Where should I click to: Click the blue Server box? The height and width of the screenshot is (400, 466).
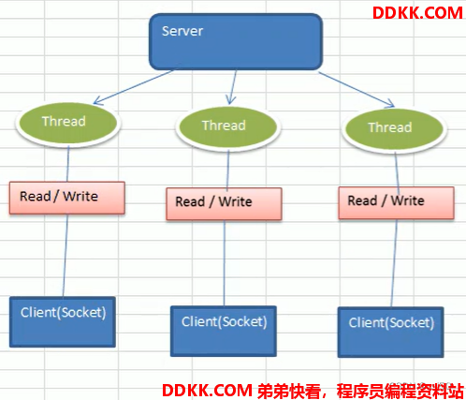[236, 41]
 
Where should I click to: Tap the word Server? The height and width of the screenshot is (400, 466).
[182, 31]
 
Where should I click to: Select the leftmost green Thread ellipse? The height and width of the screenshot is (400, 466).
[68, 123]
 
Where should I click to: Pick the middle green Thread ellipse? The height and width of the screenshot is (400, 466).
[228, 127]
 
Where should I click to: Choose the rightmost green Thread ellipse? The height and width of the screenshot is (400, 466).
[394, 129]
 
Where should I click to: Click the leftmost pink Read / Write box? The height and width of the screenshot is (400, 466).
[67, 198]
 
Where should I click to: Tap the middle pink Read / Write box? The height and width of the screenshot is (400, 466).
[224, 203]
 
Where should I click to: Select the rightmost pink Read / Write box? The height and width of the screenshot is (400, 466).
[396, 202]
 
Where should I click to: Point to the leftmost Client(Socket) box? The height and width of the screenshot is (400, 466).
[63, 321]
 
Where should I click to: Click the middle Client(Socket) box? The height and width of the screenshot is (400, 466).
[224, 331]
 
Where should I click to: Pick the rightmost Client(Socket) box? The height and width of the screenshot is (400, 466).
[391, 332]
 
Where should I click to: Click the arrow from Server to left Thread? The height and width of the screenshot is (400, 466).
[133, 87]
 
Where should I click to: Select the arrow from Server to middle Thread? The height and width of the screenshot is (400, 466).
[233, 87]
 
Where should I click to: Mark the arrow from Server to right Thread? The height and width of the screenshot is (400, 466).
[357, 90]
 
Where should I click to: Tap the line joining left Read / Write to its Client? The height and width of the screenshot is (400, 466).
[66, 256]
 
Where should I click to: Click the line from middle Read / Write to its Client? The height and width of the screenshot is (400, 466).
[224, 263]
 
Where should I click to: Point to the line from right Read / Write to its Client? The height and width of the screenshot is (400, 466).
[394, 263]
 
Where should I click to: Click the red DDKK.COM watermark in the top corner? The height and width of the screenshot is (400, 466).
[417, 13]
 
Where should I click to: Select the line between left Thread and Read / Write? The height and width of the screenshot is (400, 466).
[68, 163]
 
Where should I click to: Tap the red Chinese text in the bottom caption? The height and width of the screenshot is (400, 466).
[360, 391]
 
